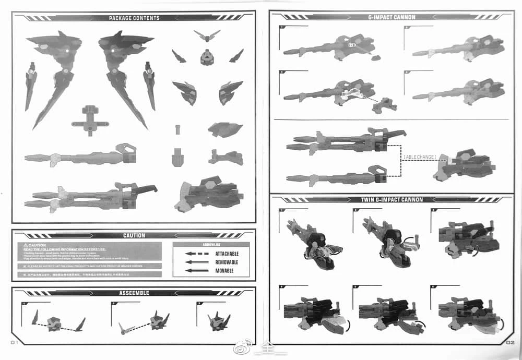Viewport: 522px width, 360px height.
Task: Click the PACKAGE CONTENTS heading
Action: coord(134,18)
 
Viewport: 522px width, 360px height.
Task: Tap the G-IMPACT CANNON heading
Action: coord(391,17)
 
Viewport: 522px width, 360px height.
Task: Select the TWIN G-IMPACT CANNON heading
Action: coord(391,200)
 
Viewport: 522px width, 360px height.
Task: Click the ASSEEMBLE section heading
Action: coord(134,293)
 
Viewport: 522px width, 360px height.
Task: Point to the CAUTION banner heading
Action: coord(134,236)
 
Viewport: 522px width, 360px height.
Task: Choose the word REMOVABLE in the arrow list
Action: coord(227,262)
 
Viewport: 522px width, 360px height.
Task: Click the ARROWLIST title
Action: coord(211,244)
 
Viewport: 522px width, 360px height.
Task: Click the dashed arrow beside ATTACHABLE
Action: coord(197,254)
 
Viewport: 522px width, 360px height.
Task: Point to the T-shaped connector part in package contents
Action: coord(90,118)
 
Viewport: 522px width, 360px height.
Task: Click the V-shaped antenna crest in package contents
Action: coord(207,37)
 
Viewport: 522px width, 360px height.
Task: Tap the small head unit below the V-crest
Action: coord(207,57)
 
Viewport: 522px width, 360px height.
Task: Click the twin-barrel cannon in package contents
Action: coord(89,197)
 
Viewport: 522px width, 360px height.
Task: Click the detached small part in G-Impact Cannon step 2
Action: coord(384,104)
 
